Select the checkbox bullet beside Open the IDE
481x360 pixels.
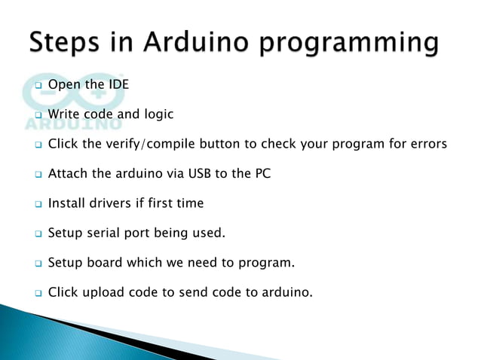[x=38, y=85]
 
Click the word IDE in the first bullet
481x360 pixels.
[x=118, y=84]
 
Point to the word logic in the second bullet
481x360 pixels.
[x=159, y=114]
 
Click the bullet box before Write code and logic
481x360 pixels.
[x=38, y=115]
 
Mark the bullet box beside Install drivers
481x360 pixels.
[x=38, y=204]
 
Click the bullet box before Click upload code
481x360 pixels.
[x=38, y=293]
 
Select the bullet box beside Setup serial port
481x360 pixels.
[x=38, y=233]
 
